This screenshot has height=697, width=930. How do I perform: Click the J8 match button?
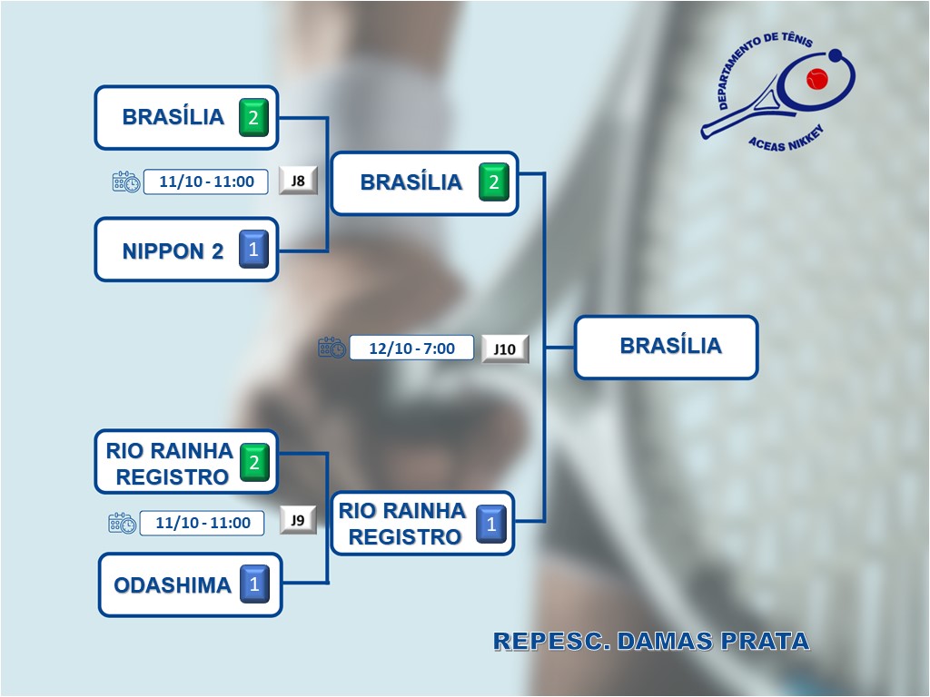click(x=298, y=181)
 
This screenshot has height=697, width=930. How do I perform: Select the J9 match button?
click(x=298, y=520)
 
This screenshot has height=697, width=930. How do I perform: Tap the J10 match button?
click(x=505, y=348)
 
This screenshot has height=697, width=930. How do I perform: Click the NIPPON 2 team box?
click(x=173, y=250)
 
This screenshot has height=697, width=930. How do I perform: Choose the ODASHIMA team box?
click(x=173, y=585)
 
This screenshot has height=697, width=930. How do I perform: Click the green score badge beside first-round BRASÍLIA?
click(x=253, y=118)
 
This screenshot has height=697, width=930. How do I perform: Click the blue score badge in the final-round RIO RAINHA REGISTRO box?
click(x=491, y=524)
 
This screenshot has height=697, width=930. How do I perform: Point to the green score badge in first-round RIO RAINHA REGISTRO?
click(x=254, y=463)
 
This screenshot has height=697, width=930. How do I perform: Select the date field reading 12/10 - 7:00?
click(x=413, y=348)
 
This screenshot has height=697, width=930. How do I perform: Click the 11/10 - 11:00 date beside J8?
click(x=206, y=182)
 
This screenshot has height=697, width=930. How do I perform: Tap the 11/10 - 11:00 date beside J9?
click(x=203, y=523)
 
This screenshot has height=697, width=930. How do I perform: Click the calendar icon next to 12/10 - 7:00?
click(x=331, y=348)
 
